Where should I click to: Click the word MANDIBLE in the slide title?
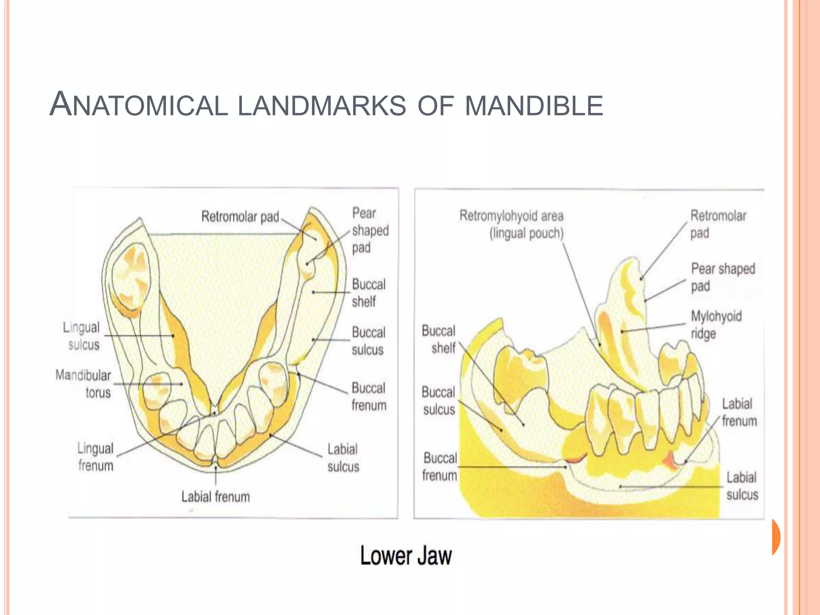pyautogui.click(x=534, y=106)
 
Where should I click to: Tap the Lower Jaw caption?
pyautogui.click(x=406, y=556)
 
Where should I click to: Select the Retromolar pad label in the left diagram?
pyautogui.click(x=240, y=217)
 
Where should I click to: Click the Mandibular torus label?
pyautogui.click(x=83, y=384)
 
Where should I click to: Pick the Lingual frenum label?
pyautogui.click(x=96, y=457)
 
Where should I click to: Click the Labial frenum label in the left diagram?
pyautogui.click(x=215, y=497)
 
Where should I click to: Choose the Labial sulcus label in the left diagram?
pyautogui.click(x=343, y=458)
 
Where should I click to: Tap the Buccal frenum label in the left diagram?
pyautogui.click(x=369, y=396)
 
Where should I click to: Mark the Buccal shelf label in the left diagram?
pyautogui.click(x=368, y=293)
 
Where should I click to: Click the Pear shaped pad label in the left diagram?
pyautogui.click(x=370, y=230)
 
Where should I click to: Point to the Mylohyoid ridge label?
pyautogui.click(x=716, y=325)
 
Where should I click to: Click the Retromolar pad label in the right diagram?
pyautogui.click(x=718, y=224)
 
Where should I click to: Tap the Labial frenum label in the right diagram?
pyautogui.click(x=739, y=412)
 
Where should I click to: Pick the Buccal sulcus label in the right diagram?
pyautogui.click(x=439, y=400)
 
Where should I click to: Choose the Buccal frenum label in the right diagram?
pyautogui.click(x=440, y=466)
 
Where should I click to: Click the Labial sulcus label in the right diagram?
pyautogui.click(x=742, y=486)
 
